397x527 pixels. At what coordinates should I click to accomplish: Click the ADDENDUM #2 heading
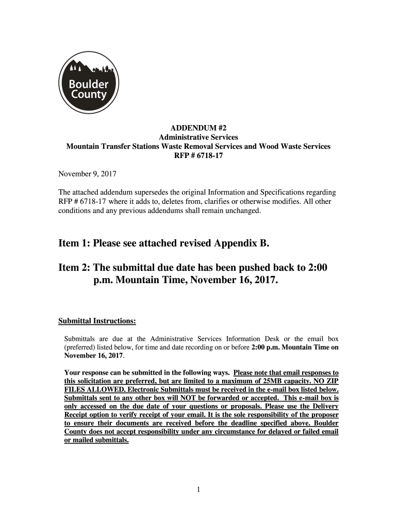click(198, 128)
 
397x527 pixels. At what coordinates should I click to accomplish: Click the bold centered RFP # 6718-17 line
click(198, 155)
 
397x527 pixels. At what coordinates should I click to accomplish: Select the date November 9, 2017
click(87, 173)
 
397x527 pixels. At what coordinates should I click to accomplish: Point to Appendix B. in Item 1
click(243, 243)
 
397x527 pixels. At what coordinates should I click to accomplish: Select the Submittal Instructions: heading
click(96, 321)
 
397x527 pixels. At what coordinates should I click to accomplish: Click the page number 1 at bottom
click(198, 489)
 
